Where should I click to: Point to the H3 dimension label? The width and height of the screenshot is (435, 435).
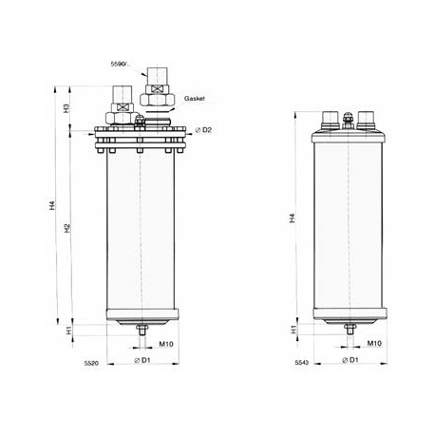click(x=66, y=108)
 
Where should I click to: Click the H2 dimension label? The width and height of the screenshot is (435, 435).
click(x=66, y=228)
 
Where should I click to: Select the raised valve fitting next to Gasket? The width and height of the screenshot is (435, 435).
click(x=155, y=98)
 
